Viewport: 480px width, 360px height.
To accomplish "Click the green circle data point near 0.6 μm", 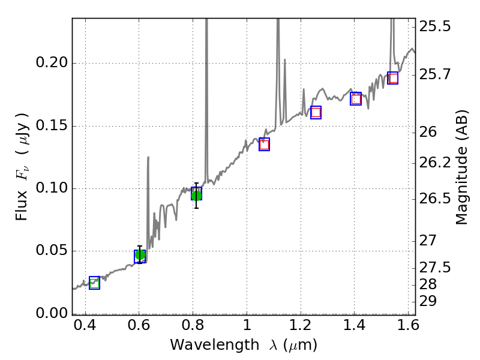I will tap(140, 255).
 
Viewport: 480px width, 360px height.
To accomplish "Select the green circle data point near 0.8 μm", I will tap(196, 194).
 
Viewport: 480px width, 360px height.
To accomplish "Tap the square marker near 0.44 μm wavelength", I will tap(94, 283).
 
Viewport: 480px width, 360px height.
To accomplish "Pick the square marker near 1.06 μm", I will tap(264, 144).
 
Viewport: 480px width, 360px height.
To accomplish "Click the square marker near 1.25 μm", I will tap(316, 112).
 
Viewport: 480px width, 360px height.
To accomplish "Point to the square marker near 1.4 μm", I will tap(356, 99).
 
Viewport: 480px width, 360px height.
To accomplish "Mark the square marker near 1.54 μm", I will tap(393, 78).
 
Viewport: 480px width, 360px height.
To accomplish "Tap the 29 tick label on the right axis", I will tap(428, 301).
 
